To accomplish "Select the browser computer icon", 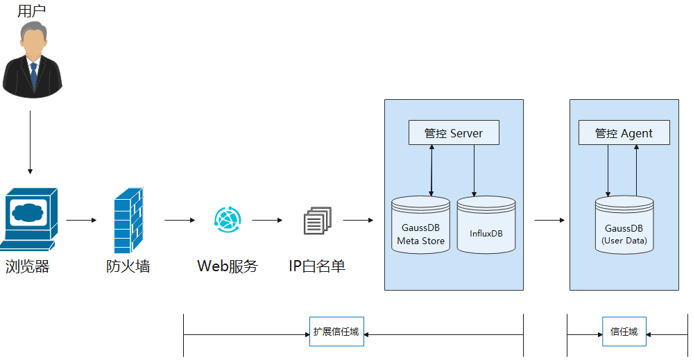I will (29, 218).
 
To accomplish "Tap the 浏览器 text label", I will (28, 266).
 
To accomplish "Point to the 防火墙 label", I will (128, 266).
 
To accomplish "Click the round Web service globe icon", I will (228, 220).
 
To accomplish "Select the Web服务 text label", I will (227, 266).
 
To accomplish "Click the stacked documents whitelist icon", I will (317, 221).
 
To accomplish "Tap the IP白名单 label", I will (316, 266).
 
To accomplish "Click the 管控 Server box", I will (453, 133).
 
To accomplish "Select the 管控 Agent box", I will (624, 133).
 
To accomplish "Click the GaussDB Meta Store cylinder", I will (420, 226).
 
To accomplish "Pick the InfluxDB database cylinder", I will (486, 226).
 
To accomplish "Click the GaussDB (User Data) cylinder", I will (624, 226).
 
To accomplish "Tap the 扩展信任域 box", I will (336, 332).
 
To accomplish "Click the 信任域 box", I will (624, 332).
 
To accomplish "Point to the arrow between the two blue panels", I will (549, 221).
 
